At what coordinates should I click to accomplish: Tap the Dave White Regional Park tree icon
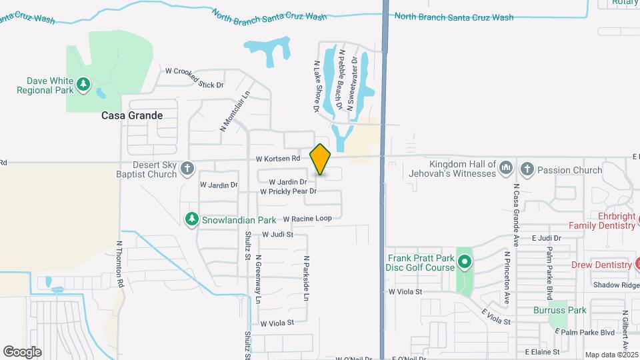tap(83, 84)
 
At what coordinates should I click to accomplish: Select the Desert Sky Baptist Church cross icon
tap(187, 169)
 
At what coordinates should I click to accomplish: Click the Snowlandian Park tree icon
tap(192, 219)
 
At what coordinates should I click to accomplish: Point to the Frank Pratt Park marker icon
tap(465, 262)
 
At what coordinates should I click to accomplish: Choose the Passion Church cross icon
tap(527, 169)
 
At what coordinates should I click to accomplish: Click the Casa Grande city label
tap(132, 115)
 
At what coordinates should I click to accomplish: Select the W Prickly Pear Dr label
tap(288, 191)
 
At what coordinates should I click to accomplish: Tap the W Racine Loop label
tap(307, 219)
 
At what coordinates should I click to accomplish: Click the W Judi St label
tap(278, 235)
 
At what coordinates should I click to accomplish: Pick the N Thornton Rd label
tap(121, 264)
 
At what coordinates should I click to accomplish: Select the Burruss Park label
tap(559, 310)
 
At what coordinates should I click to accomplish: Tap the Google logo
tap(22, 352)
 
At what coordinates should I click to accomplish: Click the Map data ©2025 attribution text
tap(611, 355)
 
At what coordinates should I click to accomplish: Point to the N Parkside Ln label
tap(307, 279)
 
